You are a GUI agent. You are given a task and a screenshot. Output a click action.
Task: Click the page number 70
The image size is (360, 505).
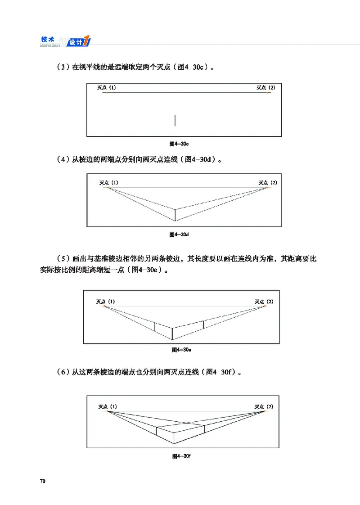point(43,481)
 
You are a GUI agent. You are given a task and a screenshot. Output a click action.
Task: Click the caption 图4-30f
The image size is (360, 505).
point(182,456)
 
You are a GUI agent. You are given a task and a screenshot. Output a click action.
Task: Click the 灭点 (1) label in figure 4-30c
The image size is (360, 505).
point(107,87)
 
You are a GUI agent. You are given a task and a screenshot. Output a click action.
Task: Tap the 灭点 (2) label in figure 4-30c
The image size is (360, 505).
point(266,87)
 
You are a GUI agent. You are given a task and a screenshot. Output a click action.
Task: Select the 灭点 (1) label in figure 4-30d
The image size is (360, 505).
point(109,182)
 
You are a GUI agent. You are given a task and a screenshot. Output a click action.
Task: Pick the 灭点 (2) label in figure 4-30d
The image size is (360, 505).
point(268,182)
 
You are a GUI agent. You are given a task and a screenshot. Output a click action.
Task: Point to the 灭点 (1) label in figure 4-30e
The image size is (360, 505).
point(106,301)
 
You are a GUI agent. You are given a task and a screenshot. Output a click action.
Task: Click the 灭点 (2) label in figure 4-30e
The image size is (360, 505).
point(264,301)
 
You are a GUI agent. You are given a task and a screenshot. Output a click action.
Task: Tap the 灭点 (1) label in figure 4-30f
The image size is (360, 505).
point(108,406)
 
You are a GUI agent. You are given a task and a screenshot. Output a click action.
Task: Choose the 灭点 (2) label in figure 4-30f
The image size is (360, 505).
point(264,406)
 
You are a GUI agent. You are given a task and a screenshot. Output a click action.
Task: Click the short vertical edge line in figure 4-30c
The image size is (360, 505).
point(175,120)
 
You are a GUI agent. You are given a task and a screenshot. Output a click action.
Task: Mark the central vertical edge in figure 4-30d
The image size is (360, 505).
point(175,215)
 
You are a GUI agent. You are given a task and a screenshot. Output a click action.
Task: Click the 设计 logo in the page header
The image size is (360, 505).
point(77,42)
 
